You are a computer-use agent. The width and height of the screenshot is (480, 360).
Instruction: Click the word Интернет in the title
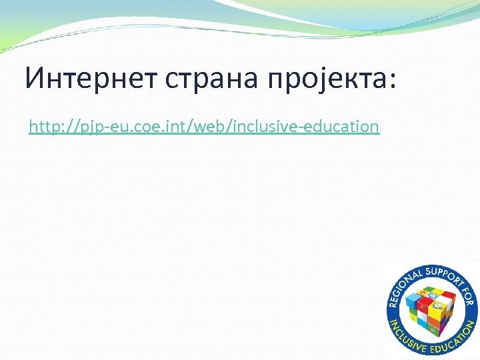pos(87,78)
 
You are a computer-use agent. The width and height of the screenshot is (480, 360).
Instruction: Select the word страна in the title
pos(210,78)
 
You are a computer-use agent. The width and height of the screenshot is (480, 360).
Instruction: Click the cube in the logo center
pos(431,309)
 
